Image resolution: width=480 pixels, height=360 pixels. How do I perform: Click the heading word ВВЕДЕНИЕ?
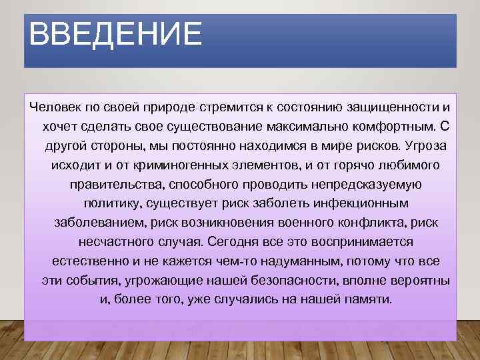coord(115,34)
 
